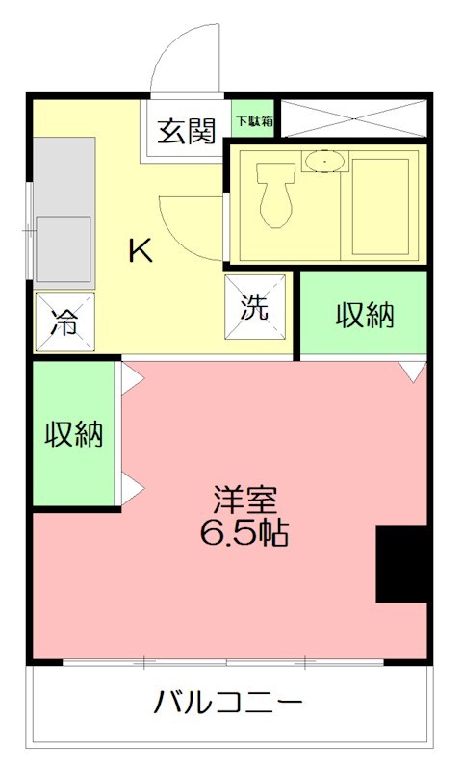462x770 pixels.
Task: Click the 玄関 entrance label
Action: pyautogui.click(x=187, y=132)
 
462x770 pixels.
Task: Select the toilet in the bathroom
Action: pyautogui.click(x=276, y=192)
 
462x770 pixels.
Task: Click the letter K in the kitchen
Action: pyautogui.click(x=141, y=251)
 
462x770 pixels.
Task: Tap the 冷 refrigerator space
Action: pyautogui.click(x=64, y=321)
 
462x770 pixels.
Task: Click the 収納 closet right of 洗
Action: pyautogui.click(x=364, y=316)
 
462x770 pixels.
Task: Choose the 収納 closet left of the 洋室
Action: pyautogui.click(x=74, y=434)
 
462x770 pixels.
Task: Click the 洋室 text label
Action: pyautogui.click(x=245, y=500)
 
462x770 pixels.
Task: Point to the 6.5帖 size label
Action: pyautogui.click(x=245, y=532)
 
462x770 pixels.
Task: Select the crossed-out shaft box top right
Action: pyautogui.click(x=350, y=117)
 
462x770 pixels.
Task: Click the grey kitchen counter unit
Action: pyautogui.click(x=65, y=212)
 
